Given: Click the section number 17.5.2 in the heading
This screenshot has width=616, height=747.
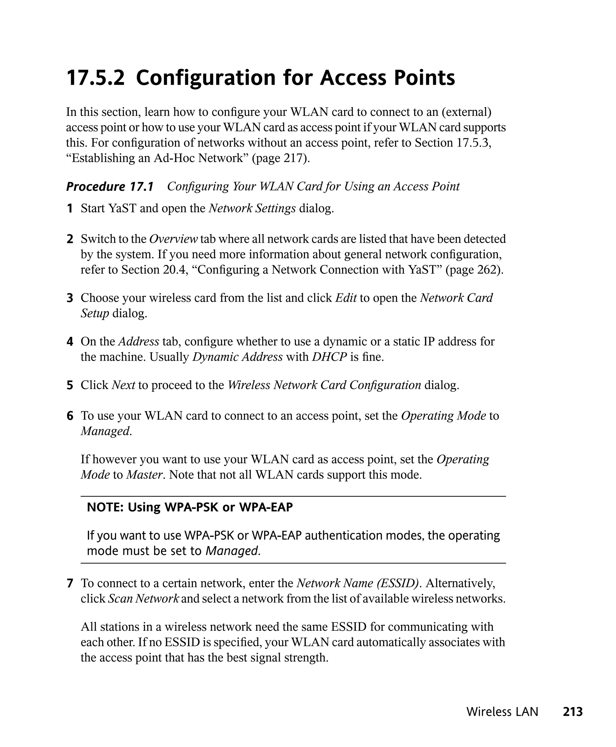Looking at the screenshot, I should pyautogui.click(x=95, y=78).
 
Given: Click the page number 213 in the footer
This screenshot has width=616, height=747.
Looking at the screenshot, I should pyautogui.click(x=573, y=712).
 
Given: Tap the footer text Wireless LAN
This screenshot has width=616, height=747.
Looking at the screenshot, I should pyautogui.click(x=502, y=712).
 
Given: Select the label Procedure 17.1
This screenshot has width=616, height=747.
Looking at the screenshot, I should pyautogui.click(x=110, y=187).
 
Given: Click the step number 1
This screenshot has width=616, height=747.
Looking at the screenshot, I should pyautogui.click(x=70, y=208).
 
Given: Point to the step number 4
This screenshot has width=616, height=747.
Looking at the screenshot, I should pyautogui.click(x=70, y=342).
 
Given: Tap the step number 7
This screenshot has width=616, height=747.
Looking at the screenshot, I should pyautogui.click(x=70, y=583).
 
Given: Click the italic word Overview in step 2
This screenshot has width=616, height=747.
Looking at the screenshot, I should pyautogui.click(x=173, y=239).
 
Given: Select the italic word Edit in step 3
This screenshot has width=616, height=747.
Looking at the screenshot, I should pyautogui.click(x=346, y=298).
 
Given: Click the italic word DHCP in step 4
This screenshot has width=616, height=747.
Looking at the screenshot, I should pyautogui.click(x=329, y=357).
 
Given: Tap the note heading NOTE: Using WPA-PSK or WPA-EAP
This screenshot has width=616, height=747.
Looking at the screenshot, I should pyautogui.click(x=190, y=507).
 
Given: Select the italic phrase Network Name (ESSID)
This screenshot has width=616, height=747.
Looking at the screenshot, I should pyautogui.click(x=358, y=583).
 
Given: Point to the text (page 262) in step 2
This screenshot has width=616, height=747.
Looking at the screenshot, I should pyautogui.click(x=474, y=270).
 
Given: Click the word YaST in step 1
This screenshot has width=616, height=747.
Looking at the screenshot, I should pyautogui.click(x=122, y=208).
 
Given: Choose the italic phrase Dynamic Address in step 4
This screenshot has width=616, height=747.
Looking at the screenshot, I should pyautogui.click(x=237, y=357).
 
